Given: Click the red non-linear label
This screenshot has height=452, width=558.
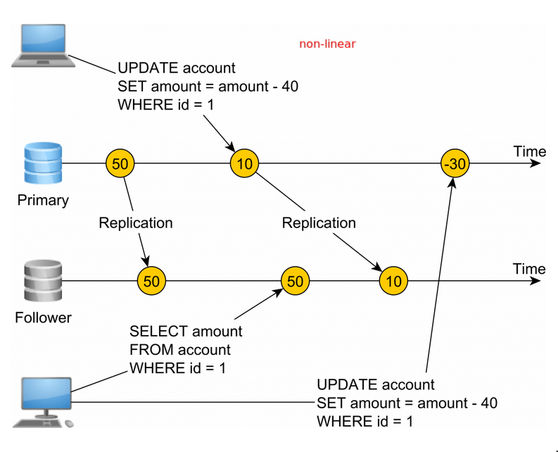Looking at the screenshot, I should point(327,44).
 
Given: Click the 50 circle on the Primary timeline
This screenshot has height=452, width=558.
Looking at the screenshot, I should point(120,163).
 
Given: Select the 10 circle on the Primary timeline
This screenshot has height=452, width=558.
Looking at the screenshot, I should point(244,163).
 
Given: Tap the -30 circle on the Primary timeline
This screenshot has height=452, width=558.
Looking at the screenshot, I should point(455,163).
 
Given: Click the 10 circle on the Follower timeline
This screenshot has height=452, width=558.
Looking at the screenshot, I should point(393,282).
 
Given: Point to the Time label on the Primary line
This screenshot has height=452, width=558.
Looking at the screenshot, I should point(529,151).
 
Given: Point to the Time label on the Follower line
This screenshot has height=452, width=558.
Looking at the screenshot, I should point(529,269).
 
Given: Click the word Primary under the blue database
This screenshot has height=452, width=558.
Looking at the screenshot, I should point(43,201).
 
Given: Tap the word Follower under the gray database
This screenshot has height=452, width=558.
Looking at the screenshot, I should point(43,318).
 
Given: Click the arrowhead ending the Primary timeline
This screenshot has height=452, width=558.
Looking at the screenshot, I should point(537,163).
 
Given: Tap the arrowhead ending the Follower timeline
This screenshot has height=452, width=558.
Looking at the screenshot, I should point(537,281).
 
